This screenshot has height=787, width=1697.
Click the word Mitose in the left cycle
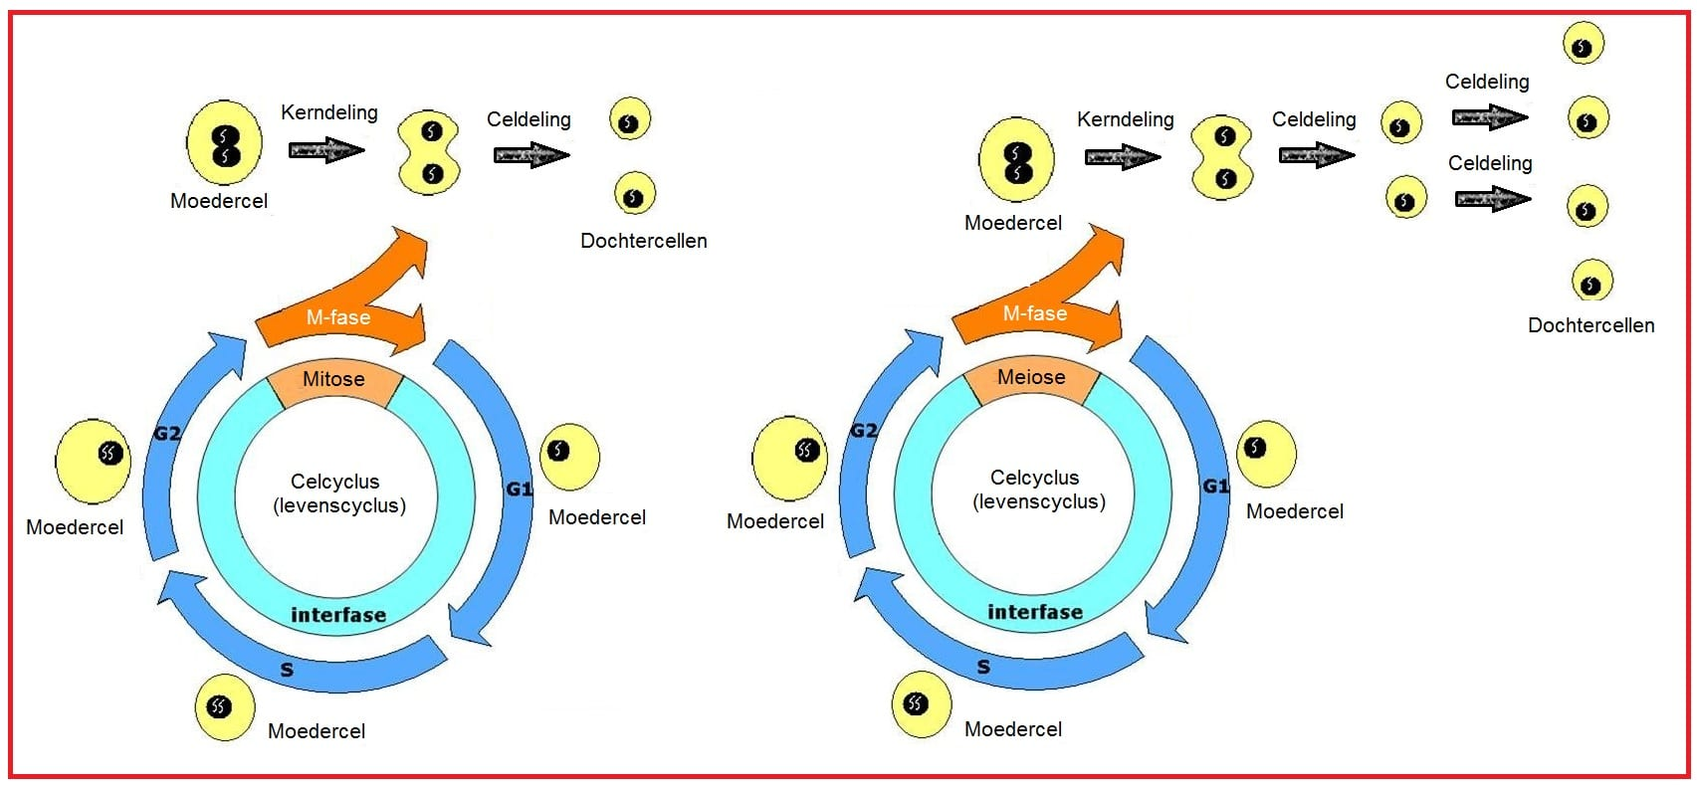coord(333,379)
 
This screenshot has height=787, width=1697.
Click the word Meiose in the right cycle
coord(1031,376)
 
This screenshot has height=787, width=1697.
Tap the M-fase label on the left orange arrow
coord(337,316)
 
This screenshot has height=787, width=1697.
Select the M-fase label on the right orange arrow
coord(1035,312)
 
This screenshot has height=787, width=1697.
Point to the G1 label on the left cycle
coord(520,489)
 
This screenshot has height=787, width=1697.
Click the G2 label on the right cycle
coord(864,430)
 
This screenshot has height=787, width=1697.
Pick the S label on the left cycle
coord(287,670)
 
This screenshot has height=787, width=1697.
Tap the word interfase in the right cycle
coord(1035,611)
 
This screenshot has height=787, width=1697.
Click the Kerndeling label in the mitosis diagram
coord(328,112)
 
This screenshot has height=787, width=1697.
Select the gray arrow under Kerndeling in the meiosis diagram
coord(1122,157)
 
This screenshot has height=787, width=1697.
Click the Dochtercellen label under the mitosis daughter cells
coord(643,241)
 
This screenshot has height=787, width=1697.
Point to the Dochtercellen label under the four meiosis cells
coord(1591,325)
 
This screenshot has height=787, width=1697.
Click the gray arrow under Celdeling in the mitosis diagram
coord(531,154)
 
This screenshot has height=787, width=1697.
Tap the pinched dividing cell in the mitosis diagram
coord(430,152)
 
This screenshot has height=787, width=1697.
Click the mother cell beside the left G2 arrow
coord(94,462)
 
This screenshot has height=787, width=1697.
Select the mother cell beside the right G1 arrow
coord(1266,453)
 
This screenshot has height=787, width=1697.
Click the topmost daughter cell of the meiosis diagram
coord(1584,43)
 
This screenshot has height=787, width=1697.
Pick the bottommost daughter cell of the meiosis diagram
coord(1591,281)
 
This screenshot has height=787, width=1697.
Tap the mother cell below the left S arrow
coord(224,707)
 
